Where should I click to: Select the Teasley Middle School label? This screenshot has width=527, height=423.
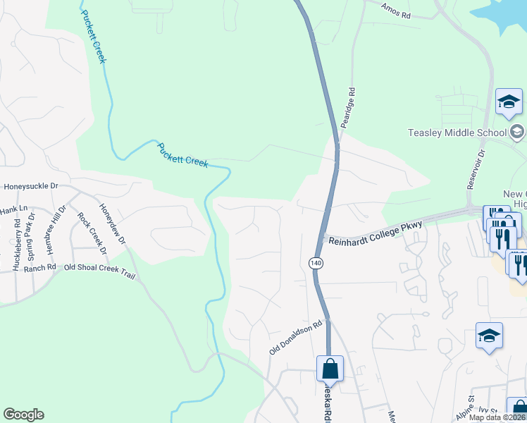tap(457, 133)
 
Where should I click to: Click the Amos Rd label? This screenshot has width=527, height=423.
tap(395, 9)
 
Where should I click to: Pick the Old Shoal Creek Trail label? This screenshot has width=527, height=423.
tap(98, 268)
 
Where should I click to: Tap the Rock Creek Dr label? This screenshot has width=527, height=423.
tap(92, 233)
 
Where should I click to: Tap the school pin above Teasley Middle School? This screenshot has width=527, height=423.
tap(509, 103)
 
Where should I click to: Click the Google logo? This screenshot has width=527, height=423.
tap(23, 415)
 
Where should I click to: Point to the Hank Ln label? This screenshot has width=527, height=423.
tap(13, 209)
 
